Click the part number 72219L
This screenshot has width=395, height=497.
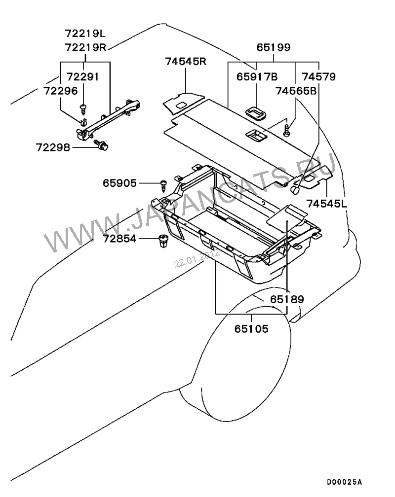(85, 34)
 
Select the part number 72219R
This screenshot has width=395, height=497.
(85, 47)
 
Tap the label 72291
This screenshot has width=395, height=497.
(83, 77)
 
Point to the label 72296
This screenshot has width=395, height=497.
(60, 91)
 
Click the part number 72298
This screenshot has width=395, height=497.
(52, 146)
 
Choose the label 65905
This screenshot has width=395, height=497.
(119, 183)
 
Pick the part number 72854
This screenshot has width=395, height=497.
(119, 239)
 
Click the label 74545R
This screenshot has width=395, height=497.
(185, 62)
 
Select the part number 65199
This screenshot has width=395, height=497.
(274, 48)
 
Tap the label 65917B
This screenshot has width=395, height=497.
(257, 77)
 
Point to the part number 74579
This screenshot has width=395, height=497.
(318, 77)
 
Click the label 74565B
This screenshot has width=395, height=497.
(296, 91)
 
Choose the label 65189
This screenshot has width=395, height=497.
(286, 299)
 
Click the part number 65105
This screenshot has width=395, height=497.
(252, 328)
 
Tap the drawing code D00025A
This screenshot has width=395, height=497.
(344, 481)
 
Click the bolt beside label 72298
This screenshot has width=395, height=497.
(102, 145)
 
